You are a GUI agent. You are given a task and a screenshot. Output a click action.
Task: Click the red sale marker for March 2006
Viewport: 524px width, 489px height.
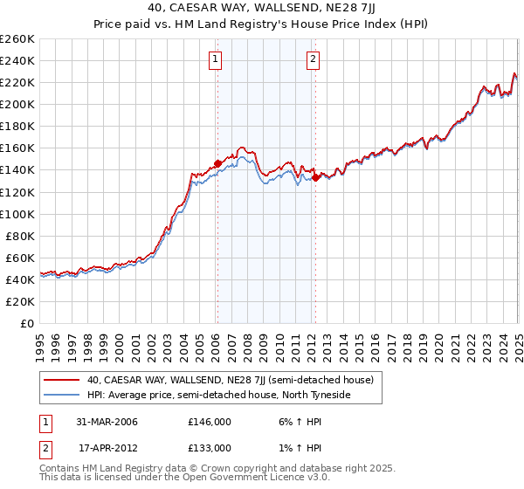[x=217, y=163]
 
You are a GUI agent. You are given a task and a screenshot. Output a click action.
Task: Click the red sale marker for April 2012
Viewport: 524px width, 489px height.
[x=314, y=177]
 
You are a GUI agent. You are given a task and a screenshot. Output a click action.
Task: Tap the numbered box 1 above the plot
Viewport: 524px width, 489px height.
[x=215, y=59]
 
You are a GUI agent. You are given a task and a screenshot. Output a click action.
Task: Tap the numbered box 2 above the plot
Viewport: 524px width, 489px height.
[x=313, y=59]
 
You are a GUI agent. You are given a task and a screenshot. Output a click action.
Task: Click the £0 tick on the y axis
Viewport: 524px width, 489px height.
[x=28, y=323]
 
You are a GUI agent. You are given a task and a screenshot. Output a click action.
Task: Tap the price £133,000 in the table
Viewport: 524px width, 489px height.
[x=210, y=448]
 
